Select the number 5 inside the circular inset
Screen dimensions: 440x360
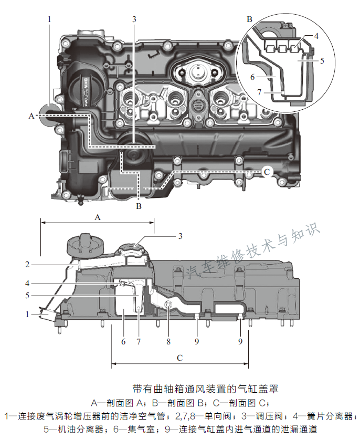(322, 60)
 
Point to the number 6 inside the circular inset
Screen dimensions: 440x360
(252, 77)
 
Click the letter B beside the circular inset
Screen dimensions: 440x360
(250, 19)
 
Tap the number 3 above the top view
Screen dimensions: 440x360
(134, 19)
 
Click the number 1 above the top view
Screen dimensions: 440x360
(49, 19)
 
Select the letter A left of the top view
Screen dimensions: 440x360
(31, 115)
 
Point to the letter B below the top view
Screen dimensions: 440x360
(139, 206)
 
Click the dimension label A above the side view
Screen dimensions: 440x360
(97, 216)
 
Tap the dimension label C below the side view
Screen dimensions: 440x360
(179, 358)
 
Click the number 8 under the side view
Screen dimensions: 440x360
(168, 341)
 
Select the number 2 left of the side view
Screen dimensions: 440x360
(27, 265)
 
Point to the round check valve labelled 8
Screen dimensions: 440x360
(168, 306)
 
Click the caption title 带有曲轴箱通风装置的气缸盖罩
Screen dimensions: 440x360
(205, 389)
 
